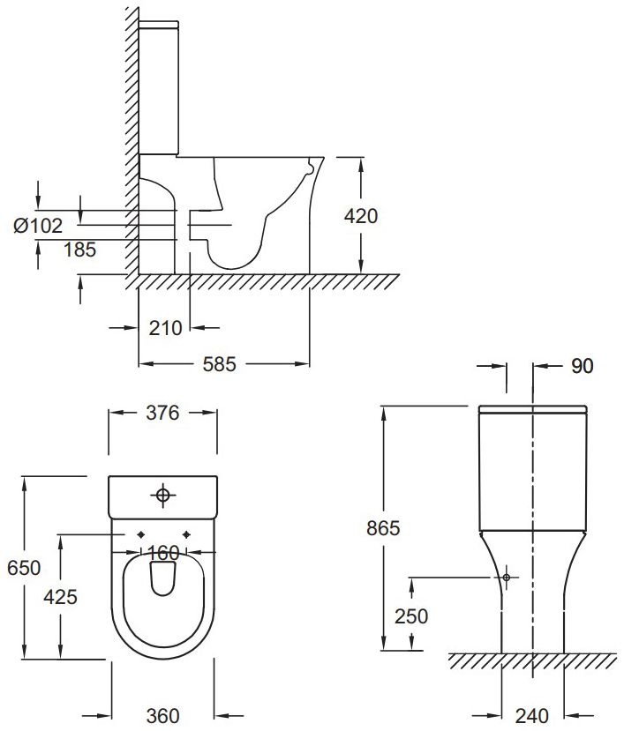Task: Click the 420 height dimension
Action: click(x=362, y=215)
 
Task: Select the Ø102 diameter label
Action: click(x=38, y=227)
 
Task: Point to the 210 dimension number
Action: click(x=166, y=328)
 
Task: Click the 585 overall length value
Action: click(x=219, y=363)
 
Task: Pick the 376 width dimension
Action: click(x=162, y=413)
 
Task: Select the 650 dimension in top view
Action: click(x=24, y=568)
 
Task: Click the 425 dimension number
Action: click(x=60, y=596)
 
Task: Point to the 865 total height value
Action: click(x=383, y=528)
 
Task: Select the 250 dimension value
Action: click(x=411, y=615)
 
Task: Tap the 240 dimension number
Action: click(x=533, y=714)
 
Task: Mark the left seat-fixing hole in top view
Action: click(x=141, y=534)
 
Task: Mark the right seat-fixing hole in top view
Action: click(x=186, y=534)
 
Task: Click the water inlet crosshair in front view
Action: click(x=507, y=577)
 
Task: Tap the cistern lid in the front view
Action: click(x=533, y=410)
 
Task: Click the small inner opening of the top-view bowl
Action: click(x=163, y=577)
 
